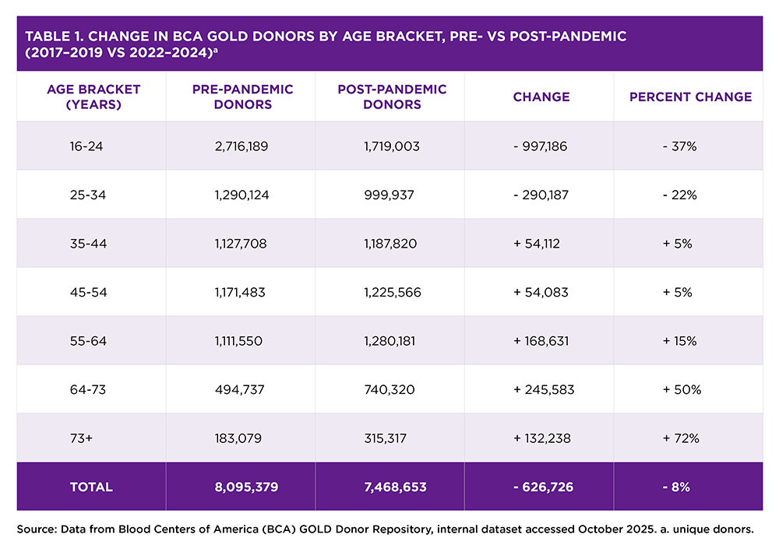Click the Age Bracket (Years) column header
click(x=93, y=97)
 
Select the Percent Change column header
click(x=690, y=97)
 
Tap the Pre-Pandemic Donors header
click(x=242, y=97)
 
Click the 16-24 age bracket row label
click(x=86, y=146)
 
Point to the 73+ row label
click(x=81, y=438)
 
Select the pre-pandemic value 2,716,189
click(x=241, y=146)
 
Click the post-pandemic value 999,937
click(x=389, y=195)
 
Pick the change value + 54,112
click(x=537, y=244)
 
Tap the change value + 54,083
click(x=541, y=293)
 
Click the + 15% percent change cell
click(x=679, y=341)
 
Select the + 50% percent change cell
click(x=682, y=390)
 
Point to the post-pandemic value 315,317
click(x=385, y=438)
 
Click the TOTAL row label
click(x=91, y=487)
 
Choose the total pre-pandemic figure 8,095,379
click(x=246, y=487)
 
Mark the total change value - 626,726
click(x=544, y=487)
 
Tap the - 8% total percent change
click(x=676, y=487)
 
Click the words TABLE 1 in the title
click(x=55, y=37)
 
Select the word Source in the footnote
click(x=35, y=529)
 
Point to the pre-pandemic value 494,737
click(x=239, y=390)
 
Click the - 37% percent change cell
click(x=679, y=146)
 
